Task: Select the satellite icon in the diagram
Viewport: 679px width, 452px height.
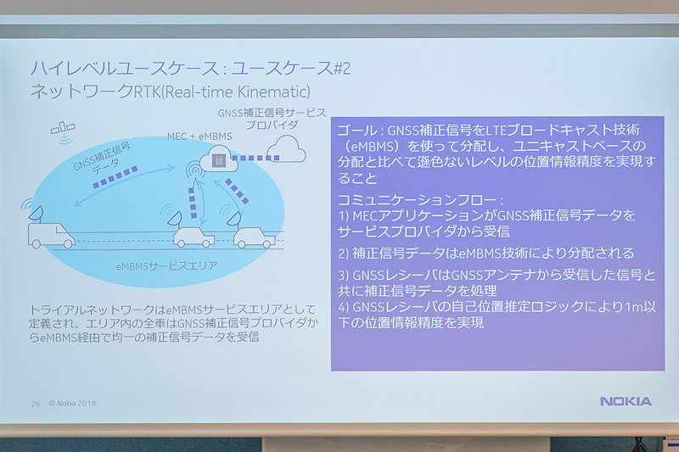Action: [x=62, y=129]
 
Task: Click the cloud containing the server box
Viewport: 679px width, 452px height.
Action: [x=218, y=159]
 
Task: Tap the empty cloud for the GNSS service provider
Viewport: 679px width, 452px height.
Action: [x=285, y=152]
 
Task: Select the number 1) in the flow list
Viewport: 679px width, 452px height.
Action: [x=345, y=217]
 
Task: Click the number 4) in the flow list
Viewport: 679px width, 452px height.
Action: [x=345, y=306]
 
